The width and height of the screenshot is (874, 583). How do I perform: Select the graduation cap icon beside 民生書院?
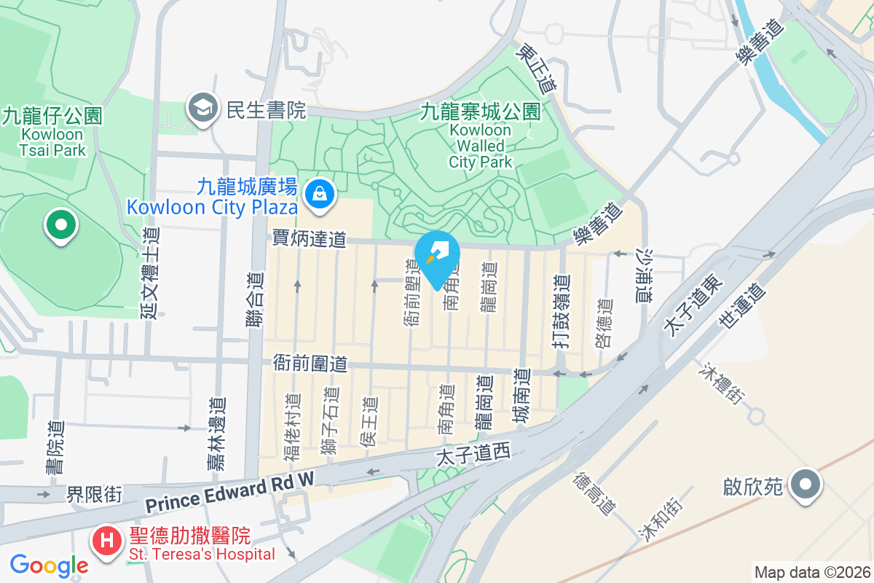coord(201,109)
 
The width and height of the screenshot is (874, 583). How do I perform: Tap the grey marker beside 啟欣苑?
coord(805,485)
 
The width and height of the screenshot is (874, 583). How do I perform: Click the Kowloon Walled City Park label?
coord(481,146)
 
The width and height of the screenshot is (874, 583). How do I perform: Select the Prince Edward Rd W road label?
coord(229,492)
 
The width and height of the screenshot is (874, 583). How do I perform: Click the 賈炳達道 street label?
coord(309,238)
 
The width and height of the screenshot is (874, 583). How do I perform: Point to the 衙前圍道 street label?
coord(309,362)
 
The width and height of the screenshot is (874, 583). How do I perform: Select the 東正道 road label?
coord(535,66)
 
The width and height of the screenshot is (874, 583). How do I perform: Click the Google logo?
coord(49,565)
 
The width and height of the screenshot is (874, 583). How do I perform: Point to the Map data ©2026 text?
coord(811,572)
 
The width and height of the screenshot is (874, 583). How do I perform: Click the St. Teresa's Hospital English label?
coord(202,555)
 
